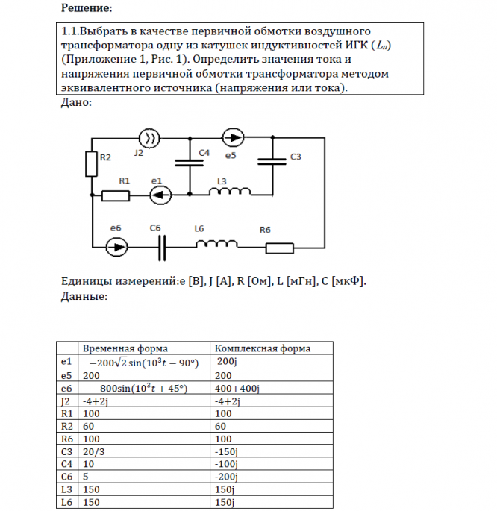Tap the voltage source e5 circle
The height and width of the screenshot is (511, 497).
(x=233, y=137)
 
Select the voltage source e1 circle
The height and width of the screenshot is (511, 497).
(x=160, y=195)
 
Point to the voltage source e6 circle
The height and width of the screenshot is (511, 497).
(x=116, y=245)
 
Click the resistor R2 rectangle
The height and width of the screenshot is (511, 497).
(x=91, y=162)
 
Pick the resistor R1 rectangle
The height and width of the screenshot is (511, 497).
(x=116, y=195)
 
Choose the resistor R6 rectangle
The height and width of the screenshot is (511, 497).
(x=279, y=246)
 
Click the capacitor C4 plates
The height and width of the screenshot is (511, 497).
(x=190, y=163)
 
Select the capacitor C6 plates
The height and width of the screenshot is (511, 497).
(x=161, y=246)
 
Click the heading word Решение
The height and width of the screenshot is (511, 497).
(x=84, y=8)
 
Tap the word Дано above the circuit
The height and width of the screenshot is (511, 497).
(x=74, y=103)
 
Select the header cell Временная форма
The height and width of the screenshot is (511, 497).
(x=125, y=348)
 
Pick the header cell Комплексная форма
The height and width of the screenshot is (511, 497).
(x=262, y=348)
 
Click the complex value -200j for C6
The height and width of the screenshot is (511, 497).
(x=225, y=477)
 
